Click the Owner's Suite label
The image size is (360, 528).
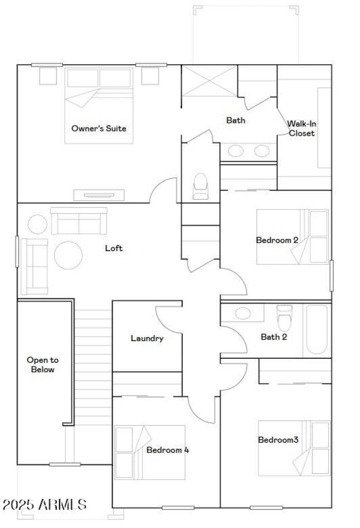[x=99, y=128]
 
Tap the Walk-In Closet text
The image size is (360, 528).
[x=301, y=128]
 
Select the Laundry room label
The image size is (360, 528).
[x=147, y=338]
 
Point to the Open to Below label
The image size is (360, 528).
[x=43, y=365]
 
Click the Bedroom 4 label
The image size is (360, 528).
[x=167, y=450]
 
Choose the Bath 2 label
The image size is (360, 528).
[x=274, y=337]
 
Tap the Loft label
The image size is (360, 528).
[x=113, y=248]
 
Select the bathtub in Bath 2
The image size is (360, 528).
[x=317, y=330]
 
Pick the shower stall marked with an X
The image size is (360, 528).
[x=209, y=81]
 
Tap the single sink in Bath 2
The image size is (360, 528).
[x=243, y=313]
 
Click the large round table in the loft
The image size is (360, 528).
[x=68, y=255]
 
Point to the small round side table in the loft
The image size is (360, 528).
[x=37, y=224]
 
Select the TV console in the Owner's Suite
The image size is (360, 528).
[x=99, y=195]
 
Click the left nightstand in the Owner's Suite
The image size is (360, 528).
[x=48, y=76]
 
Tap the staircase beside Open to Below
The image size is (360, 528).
[x=92, y=365]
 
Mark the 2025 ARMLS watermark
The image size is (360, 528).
[x=44, y=504]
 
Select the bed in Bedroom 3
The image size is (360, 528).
[x=293, y=448]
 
